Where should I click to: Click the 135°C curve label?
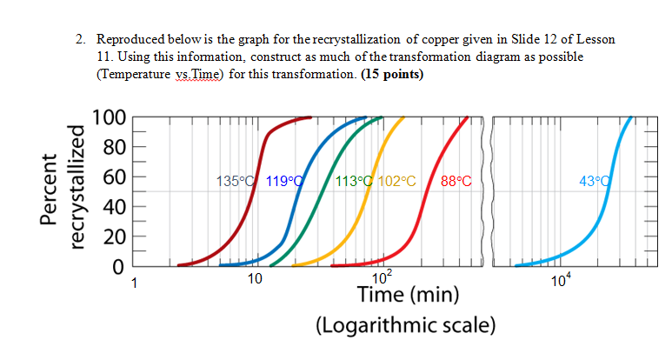click(x=236, y=182)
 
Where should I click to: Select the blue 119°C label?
click(x=283, y=182)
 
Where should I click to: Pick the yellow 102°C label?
click(x=397, y=182)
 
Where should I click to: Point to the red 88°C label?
click(x=456, y=182)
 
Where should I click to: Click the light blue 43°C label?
click(x=596, y=182)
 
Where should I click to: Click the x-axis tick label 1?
click(x=134, y=281)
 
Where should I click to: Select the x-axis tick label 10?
click(x=254, y=281)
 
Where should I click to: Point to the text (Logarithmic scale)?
click(x=406, y=326)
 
